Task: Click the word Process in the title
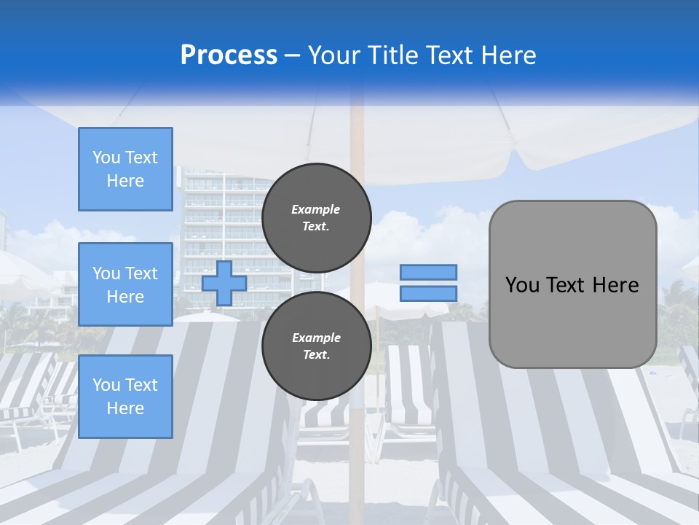coord(229,55)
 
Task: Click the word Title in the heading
coord(390,55)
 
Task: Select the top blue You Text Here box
coord(125,169)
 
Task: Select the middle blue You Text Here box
coord(125,284)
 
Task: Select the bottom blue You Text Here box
coord(125,397)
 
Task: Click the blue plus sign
coord(224,283)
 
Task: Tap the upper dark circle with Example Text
coord(316,218)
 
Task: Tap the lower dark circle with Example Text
coord(316,346)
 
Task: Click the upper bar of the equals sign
coord(428,272)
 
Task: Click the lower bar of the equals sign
coord(428,294)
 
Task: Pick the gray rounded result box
coord(572,321)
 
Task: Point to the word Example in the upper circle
coord(316,210)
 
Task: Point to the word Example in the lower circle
coord(316,338)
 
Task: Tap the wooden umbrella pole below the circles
coord(356,452)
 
